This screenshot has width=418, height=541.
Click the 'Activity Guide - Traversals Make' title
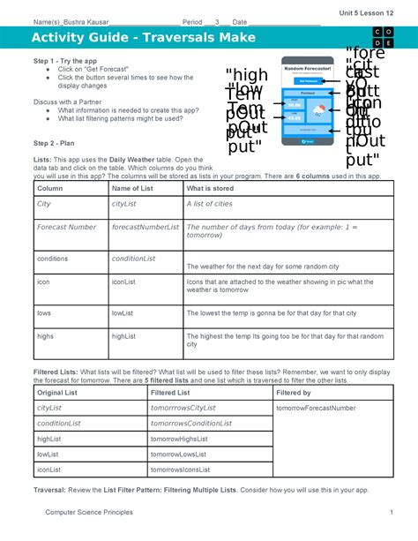[143, 38]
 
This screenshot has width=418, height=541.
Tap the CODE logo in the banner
[383, 38]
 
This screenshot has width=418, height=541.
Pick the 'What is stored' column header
[212, 188]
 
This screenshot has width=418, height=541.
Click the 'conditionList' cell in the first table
[133, 259]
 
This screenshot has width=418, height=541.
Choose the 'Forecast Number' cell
[67, 227]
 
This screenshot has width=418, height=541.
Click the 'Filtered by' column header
[294, 391]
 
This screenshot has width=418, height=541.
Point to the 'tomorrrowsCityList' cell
[183, 409]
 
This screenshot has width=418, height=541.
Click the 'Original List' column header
[58, 391]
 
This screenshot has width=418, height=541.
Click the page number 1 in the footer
[389, 512]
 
